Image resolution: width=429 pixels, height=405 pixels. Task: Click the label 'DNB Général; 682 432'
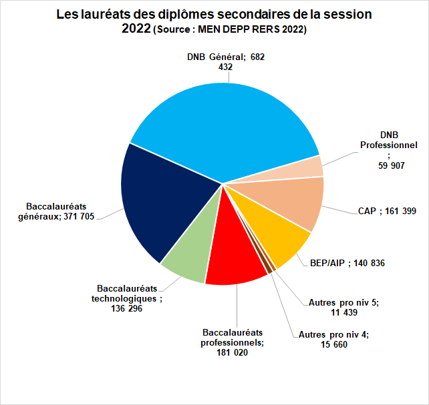(x=225, y=62)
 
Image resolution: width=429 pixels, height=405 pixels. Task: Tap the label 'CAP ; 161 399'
(x=386, y=212)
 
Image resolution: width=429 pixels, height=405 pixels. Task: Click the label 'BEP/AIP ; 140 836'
(x=347, y=263)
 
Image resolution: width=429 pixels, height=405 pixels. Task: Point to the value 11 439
(x=343, y=312)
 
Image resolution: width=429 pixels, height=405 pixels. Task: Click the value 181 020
(x=233, y=353)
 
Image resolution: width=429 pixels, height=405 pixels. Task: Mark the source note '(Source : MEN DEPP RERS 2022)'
(x=230, y=30)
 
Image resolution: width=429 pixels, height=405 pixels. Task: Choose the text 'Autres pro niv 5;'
(x=343, y=302)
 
